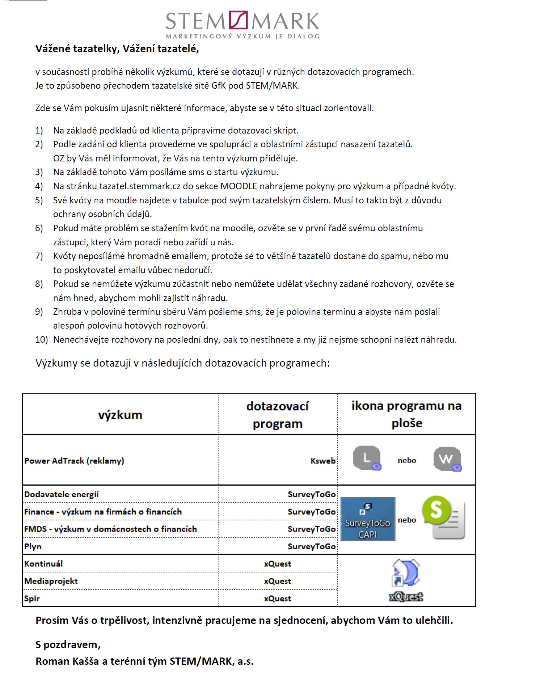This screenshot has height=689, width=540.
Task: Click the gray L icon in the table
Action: (367, 458)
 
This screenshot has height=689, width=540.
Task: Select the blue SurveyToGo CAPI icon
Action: (368, 519)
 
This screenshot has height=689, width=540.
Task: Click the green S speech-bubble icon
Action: (443, 517)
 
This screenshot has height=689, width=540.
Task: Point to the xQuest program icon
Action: (406, 580)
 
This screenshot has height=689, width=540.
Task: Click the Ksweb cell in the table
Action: (323, 461)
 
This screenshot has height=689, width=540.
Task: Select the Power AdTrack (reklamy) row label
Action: (74, 461)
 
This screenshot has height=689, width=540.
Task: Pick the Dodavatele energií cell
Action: (62, 494)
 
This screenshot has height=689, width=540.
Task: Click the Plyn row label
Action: (33, 546)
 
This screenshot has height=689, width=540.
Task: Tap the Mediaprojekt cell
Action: (51, 581)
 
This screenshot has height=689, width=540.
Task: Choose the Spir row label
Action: (32, 599)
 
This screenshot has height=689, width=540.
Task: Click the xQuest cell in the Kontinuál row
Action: (277, 564)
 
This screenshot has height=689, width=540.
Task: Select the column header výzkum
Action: (120, 415)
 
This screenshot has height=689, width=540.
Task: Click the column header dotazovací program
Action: (277, 415)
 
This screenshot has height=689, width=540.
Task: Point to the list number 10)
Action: (41, 340)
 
